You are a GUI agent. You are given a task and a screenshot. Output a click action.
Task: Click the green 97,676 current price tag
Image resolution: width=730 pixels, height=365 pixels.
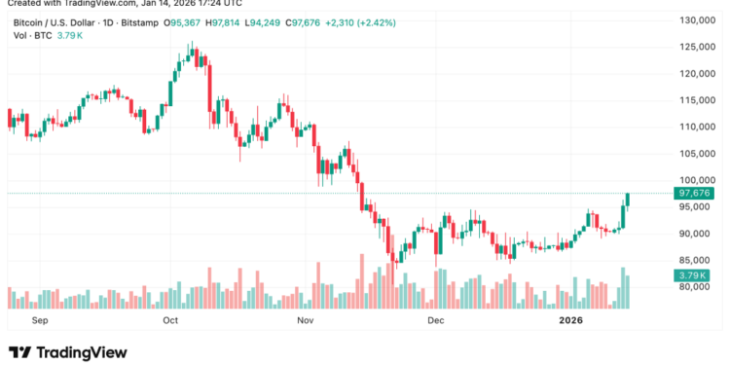[695, 194]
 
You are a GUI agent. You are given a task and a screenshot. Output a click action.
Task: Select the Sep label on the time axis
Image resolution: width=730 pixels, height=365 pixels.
[40, 318]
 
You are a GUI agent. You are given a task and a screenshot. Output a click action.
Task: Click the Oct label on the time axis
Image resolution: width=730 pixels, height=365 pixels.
[170, 318]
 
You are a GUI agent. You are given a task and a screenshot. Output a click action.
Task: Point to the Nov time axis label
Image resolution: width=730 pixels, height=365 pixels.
[306, 318]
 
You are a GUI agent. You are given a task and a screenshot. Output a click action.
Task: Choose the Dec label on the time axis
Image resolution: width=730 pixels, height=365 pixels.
[435, 318]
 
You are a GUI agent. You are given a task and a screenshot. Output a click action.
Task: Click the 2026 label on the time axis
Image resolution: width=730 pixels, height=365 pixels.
[570, 318]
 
